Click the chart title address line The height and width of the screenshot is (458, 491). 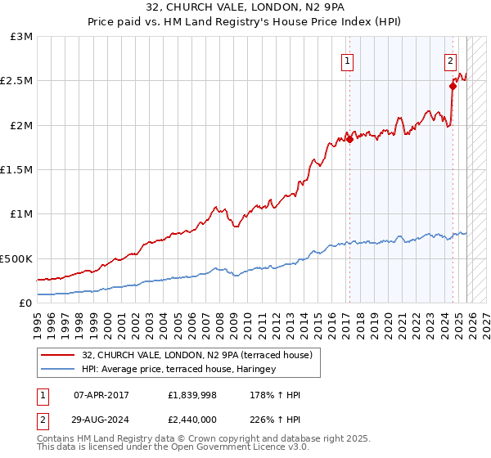tap(245, 8)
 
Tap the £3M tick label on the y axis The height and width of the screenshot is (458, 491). tap(22, 37)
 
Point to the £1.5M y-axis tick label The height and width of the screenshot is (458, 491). tap(17, 169)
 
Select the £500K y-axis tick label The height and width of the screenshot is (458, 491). tap(17, 258)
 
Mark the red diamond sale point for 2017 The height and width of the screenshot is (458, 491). tap(349, 139)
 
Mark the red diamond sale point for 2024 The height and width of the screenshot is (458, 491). tap(453, 85)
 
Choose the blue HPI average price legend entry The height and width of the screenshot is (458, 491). tap(179, 369)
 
